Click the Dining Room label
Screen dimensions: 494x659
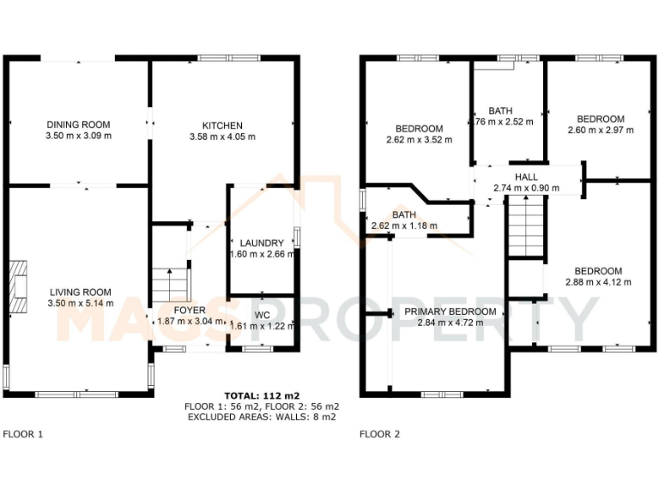click(x=79, y=125)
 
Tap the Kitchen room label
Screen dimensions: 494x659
click(x=222, y=125)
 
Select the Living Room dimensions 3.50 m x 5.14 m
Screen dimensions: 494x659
click(x=79, y=304)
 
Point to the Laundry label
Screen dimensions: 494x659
click(x=262, y=243)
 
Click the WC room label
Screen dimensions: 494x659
click(x=262, y=315)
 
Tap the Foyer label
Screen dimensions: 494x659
click(x=190, y=310)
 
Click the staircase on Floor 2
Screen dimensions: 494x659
click(x=524, y=226)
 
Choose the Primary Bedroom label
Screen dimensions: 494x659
click(x=450, y=311)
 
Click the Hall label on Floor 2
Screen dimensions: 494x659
click(x=527, y=177)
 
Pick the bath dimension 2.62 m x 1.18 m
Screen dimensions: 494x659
click(x=403, y=226)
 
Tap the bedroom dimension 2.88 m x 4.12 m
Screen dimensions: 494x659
click(x=598, y=281)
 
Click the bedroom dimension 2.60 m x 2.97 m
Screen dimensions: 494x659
click(x=601, y=130)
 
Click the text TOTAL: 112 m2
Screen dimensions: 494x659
click(x=261, y=395)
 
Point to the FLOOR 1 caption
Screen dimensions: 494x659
click(x=23, y=434)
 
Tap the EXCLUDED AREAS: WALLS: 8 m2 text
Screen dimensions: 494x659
click(x=261, y=417)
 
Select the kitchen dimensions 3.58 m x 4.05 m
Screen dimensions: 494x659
click(x=222, y=136)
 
